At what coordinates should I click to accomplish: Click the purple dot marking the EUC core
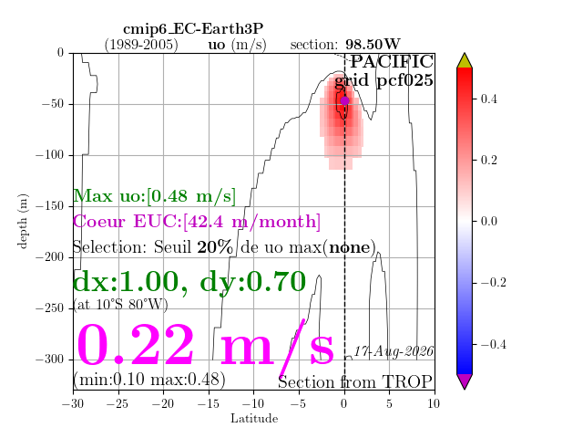pyautogui.click(x=344, y=100)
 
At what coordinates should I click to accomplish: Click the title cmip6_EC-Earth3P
pyautogui.click(x=193, y=29)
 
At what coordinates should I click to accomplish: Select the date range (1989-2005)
pyautogui.click(x=141, y=45)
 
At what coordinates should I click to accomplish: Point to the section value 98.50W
pyautogui.click(x=373, y=45)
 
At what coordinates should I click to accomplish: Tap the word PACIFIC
pyautogui.click(x=392, y=61)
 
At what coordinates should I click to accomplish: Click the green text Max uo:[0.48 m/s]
pyautogui.click(x=154, y=196)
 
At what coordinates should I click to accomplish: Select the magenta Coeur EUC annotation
pyautogui.click(x=197, y=222)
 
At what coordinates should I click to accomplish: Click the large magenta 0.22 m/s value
pyautogui.click(x=205, y=345)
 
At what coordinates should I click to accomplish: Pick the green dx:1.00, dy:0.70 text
pyautogui.click(x=189, y=283)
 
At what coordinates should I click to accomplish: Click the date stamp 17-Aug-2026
pyautogui.click(x=394, y=351)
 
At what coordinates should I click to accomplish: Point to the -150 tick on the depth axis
pyautogui.click(x=50, y=206)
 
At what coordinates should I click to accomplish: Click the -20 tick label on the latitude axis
pyautogui.click(x=163, y=403)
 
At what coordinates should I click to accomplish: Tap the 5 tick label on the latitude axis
pyautogui.click(x=389, y=403)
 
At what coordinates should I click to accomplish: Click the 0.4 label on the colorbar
pyautogui.click(x=488, y=99)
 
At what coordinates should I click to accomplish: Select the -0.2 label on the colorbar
pyautogui.click(x=494, y=283)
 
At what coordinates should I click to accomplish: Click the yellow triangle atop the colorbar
pyautogui.click(x=465, y=62)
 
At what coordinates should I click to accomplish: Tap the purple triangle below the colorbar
pyautogui.click(x=465, y=381)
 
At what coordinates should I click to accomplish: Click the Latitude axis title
pyautogui.click(x=254, y=419)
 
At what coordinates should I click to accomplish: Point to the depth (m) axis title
pyautogui.click(x=23, y=221)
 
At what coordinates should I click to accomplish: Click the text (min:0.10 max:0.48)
pyautogui.click(x=149, y=380)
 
